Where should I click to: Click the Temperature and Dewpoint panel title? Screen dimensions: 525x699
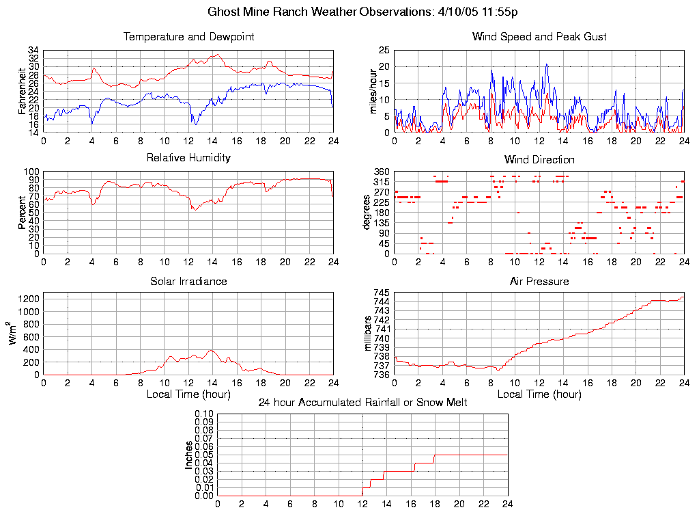(188, 37)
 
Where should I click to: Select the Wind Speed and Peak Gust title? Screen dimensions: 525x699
(539, 37)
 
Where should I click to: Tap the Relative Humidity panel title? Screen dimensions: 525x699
(188, 158)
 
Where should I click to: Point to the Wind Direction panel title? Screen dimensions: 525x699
(539, 160)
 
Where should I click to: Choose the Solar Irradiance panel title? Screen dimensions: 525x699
(188, 282)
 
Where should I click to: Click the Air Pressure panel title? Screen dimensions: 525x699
(539, 282)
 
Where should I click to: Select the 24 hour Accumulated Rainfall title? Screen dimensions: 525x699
(362, 403)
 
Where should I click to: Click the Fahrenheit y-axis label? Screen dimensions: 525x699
(23, 92)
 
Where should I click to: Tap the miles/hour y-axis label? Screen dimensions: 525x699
(373, 92)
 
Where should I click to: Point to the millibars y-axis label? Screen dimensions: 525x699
(368, 334)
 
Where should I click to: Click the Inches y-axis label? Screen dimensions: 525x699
(189, 455)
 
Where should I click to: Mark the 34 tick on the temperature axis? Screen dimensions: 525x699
(33, 51)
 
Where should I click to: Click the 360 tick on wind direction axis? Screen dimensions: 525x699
(380, 172)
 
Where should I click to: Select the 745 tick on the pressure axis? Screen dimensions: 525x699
(380, 293)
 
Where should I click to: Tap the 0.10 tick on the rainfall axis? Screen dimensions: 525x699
(204, 414)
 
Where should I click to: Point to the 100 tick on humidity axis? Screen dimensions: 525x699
(31, 172)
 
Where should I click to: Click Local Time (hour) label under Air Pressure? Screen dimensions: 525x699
(539, 394)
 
